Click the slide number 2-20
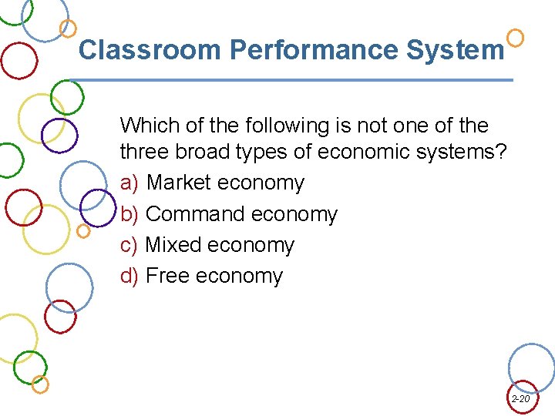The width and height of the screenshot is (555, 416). click(x=521, y=399)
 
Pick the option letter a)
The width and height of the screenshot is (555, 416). click(x=129, y=183)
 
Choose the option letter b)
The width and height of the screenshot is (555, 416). click(x=129, y=214)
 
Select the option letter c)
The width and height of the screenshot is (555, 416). click(x=129, y=245)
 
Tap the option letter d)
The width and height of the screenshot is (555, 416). click(x=129, y=276)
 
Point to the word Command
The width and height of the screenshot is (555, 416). click(x=195, y=214)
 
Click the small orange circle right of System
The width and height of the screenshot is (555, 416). click(x=516, y=37)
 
